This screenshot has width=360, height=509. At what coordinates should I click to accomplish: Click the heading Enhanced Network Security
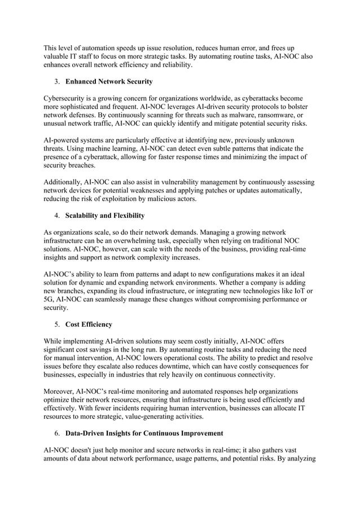pos(109,82)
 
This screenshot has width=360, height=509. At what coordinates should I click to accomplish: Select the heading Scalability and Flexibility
pos(105,216)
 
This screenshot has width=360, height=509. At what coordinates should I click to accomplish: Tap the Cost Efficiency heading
pos(89,324)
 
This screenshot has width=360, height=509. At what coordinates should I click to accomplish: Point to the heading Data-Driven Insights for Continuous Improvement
pos(144,433)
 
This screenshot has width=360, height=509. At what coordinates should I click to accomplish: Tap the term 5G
pos(50,300)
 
